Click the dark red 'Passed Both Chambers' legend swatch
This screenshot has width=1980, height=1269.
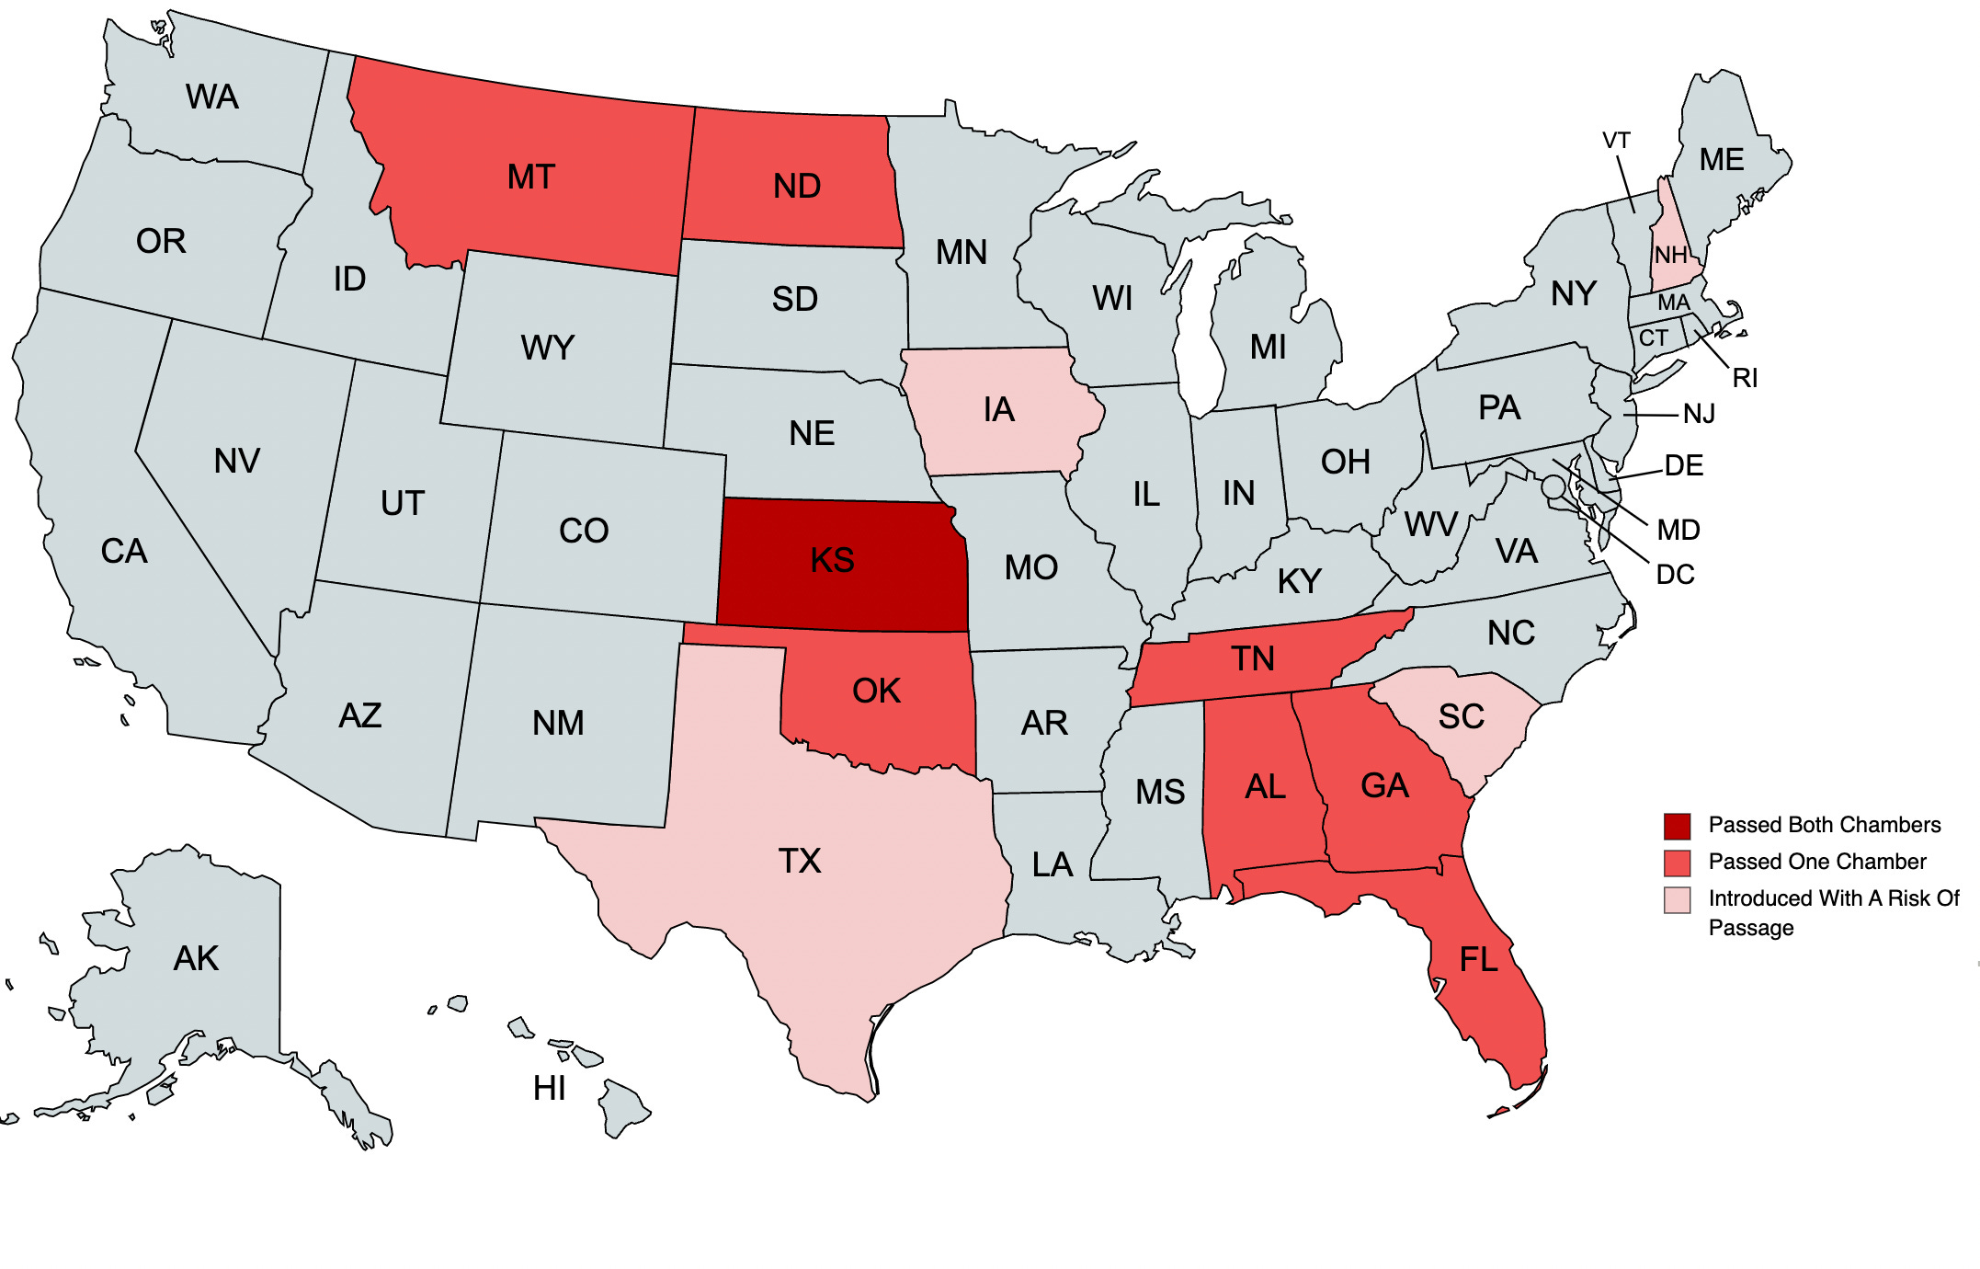point(1677,826)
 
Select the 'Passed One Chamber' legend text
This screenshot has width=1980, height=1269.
point(1816,862)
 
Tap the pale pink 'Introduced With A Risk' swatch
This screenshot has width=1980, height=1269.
point(1677,899)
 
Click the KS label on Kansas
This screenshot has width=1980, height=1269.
point(832,560)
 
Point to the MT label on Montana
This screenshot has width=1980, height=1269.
point(531,177)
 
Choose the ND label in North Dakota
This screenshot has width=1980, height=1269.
point(796,186)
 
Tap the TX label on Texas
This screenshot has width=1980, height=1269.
point(800,861)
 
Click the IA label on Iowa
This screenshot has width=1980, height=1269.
point(998,409)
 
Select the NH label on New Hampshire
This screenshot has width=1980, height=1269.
point(1670,255)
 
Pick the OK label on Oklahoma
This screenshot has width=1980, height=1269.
point(876,691)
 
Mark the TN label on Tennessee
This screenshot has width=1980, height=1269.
point(1252,658)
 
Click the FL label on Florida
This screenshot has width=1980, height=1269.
point(1478,960)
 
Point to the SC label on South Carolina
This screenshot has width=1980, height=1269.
point(1461,716)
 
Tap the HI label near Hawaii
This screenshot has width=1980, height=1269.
point(549,1089)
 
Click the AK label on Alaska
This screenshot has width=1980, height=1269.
point(196,958)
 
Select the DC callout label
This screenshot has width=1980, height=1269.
point(1675,575)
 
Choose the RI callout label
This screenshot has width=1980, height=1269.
point(1745,378)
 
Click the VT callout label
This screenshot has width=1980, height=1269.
point(1616,141)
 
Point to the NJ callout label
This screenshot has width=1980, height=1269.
point(1699,414)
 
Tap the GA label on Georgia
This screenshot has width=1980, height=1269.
point(1384,785)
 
